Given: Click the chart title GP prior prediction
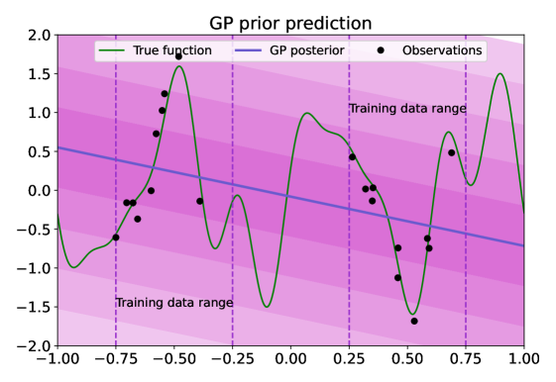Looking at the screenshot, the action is pos(290,24).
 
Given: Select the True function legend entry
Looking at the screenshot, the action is pos(155,50).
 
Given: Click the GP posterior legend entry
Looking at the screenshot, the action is pos(289,50).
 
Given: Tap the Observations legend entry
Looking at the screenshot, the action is pos(430,50).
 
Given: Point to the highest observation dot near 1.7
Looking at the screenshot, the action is pos(178,56).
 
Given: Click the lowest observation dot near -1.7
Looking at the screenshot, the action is pos(414,321).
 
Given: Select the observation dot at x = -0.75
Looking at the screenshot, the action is pos(116,238).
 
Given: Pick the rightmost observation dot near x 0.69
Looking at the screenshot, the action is pos(451,153).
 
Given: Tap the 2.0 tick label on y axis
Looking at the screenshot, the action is pos(40,36).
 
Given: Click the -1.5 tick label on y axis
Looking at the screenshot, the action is pos(34,307).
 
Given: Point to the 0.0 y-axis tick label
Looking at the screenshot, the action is pos(40,190).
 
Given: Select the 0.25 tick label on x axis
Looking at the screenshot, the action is pos(349,359).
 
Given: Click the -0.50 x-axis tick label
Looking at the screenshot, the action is pos(173,359).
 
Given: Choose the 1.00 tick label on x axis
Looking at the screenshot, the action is pos(524,359).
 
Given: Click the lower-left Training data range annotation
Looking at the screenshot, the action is pos(174,303).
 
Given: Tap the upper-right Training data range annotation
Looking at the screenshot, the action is pos(407,108).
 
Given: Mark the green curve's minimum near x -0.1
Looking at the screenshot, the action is pos(267,307).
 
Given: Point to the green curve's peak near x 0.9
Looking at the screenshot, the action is pos(500,73).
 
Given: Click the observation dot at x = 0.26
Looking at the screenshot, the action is pos(352,156).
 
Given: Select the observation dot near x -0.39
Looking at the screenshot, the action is pos(199,201).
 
